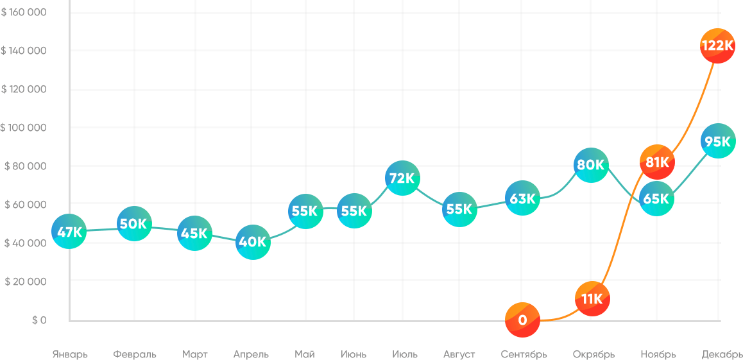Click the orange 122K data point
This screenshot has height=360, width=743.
[717, 46]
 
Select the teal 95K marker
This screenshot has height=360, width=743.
[717, 142]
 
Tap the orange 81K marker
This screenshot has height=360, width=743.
[657, 162]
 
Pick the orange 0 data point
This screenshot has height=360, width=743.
[522, 320]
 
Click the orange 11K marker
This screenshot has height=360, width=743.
[592, 298]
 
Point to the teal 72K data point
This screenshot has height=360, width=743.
[402, 178]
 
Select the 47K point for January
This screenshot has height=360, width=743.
[69, 232]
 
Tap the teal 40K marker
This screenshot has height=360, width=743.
[253, 242]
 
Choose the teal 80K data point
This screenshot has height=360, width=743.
[590, 164]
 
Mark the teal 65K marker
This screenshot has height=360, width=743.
[656, 199]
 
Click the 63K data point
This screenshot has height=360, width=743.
[522, 198]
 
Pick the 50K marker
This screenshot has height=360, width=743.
[134, 224]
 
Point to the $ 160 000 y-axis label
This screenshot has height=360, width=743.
[24, 12]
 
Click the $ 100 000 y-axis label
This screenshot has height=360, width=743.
[24, 128]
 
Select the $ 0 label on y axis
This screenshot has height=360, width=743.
[39, 320]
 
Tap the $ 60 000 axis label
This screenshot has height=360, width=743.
[26, 205]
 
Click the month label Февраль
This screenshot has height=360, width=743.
[135, 354]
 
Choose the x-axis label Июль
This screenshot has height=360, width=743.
[404, 354]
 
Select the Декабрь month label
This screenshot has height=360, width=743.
[722, 354]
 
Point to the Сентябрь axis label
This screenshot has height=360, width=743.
[524, 354]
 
